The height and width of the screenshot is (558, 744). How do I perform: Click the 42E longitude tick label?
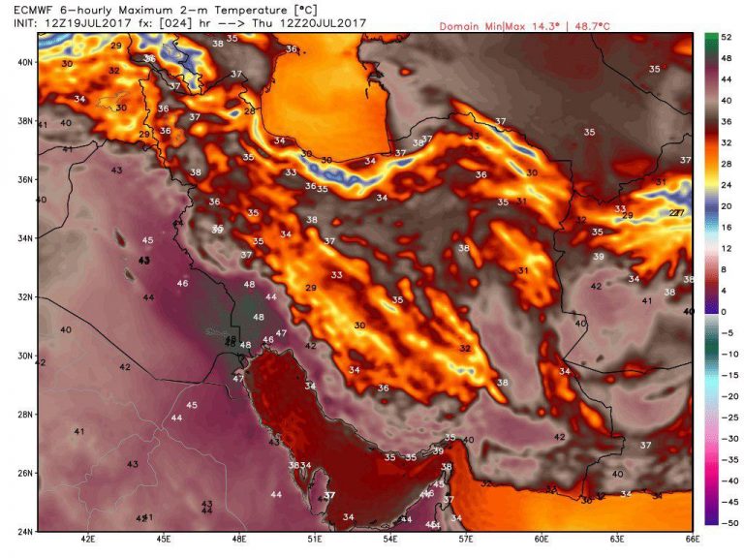coord(88,540)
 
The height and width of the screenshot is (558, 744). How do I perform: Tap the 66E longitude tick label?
coord(692,540)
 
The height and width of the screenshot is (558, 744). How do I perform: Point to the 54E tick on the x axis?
coord(390,540)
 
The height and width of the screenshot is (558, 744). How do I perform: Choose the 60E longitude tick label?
coord(542,540)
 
